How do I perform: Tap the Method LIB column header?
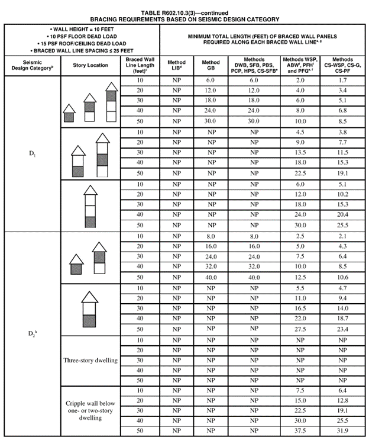tap(176, 65)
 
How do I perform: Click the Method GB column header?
tap(211, 65)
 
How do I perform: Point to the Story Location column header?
tap(90, 65)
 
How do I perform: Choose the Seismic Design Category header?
tap(32, 65)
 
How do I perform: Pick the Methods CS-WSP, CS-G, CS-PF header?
tap(342, 65)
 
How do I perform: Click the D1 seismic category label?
tap(32, 155)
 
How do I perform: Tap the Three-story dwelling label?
tap(91, 360)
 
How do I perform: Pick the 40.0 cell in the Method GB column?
tap(211, 277)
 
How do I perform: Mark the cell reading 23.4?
tap(341, 329)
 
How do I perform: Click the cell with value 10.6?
tap(341, 277)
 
